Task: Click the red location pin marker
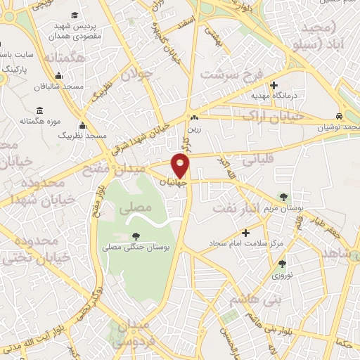[x=181, y=166]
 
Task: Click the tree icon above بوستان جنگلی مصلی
[x=135, y=236]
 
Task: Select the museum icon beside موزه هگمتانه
[x=39, y=111]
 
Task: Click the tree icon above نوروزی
[x=282, y=264]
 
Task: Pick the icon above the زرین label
[x=193, y=117]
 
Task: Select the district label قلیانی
[x=257, y=160]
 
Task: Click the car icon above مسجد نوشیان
[x=339, y=116]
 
